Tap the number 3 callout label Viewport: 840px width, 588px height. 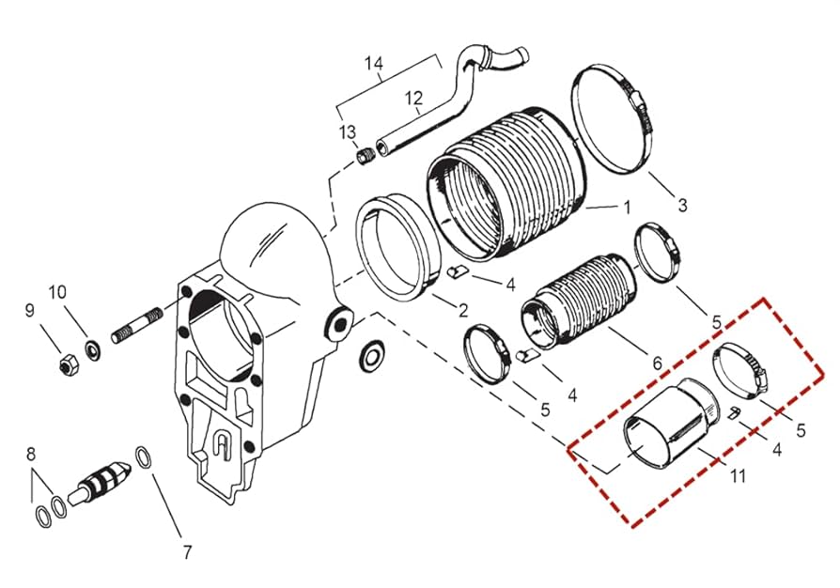coord(683,204)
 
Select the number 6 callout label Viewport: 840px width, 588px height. coord(656,362)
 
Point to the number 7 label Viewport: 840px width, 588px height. coord(186,550)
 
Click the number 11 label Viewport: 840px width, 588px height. coord(738,476)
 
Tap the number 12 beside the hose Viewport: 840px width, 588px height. coord(414,98)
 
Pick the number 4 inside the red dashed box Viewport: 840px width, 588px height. coord(776,450)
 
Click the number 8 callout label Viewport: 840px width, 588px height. coord(31,455)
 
